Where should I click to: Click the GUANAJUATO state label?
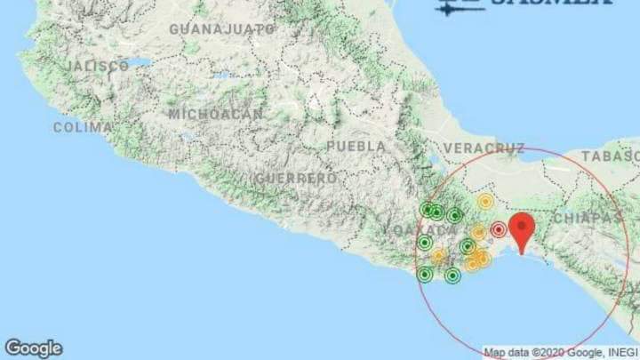[222, 29]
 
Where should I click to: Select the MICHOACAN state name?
[216, 114]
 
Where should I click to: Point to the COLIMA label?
[83, 127]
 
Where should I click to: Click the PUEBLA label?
[356, 146]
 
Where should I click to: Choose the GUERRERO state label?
[295, 178]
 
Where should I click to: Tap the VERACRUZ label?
[484, 147]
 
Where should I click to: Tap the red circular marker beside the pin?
[499, 230]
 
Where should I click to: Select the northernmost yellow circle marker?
[485, 202]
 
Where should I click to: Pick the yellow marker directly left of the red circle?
[478, 232]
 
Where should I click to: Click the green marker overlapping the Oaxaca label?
[425, 242]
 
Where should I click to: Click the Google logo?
[34, 348]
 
